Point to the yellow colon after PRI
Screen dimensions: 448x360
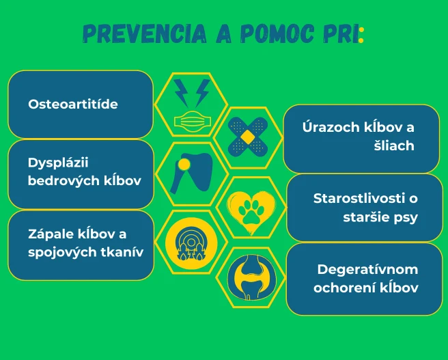point(361,35)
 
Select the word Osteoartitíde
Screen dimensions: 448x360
point(73,104)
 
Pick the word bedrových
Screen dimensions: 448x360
point(61,181)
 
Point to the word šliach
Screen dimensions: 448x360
point(394,146)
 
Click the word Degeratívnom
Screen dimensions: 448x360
point(367,269)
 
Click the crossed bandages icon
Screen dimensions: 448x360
point(248,137)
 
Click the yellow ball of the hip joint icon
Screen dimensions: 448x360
point(184,165)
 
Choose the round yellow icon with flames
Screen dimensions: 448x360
point(191,243)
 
